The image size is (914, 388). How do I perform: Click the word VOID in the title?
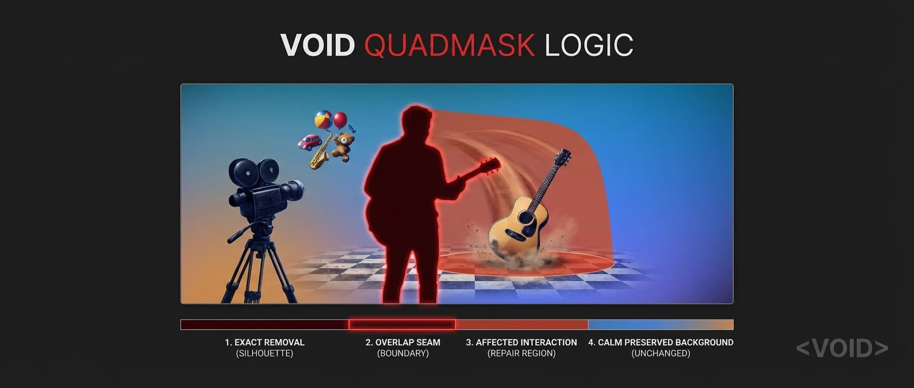(x=317, y=46)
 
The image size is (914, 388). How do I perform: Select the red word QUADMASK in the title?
(x=449, y=46)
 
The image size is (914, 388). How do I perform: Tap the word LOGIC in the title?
(x=589, y=46)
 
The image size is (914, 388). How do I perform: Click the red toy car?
(x=309, y=142)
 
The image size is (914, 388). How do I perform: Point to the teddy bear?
(x=343, y=145)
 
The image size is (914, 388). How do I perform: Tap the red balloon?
(x=340, y=120)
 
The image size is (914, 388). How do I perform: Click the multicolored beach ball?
(x=323, y=120)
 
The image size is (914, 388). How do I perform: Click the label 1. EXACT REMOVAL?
(x=264, y=342)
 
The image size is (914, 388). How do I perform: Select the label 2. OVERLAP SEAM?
(x=403, y=342)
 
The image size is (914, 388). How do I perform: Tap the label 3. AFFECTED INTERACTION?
(x=521, y=342)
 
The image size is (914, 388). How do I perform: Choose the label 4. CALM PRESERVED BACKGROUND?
(x=661, y=342)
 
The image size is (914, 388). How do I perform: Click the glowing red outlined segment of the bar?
(x=402, y=324)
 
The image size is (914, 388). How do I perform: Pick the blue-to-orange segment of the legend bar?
(x=661, y=324)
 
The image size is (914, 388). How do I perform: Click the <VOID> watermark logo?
(x=842, y=348)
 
